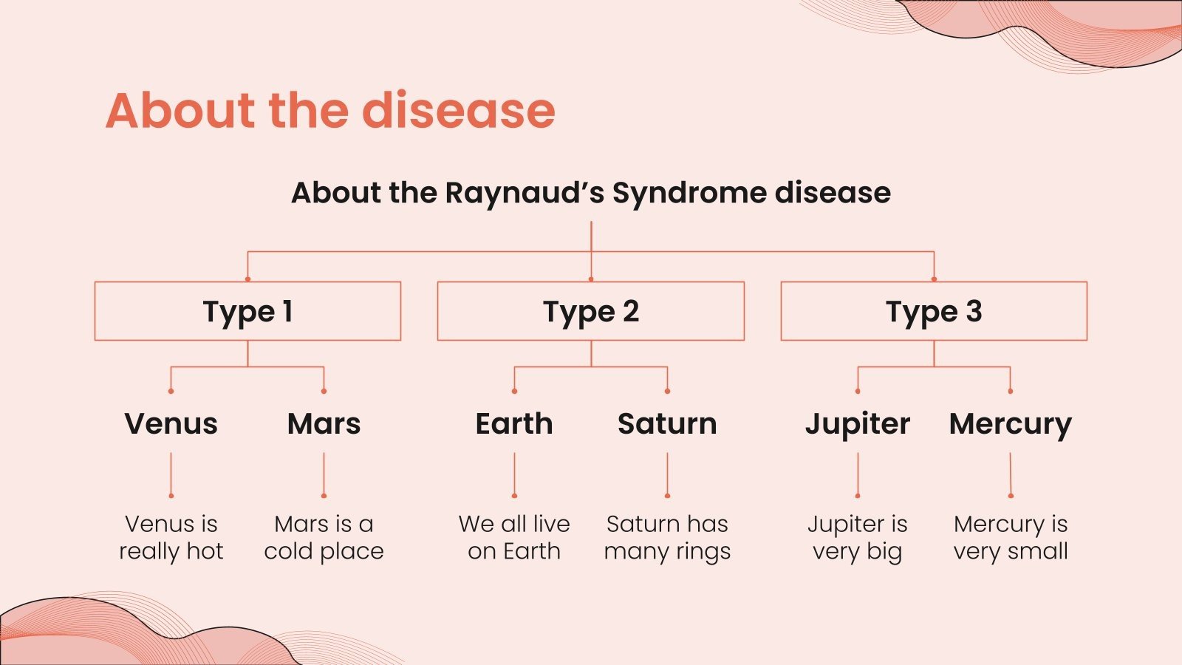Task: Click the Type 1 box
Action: (x=247, y=311)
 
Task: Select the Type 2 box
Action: (x=590, y=311)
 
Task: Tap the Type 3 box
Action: (x=934, y=311)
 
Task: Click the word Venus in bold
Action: (x=171, y=424)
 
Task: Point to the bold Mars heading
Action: (x=324, y=424)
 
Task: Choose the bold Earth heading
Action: (x=514, y=424)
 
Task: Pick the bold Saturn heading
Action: (x=667, y=424)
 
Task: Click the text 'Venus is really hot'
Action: (x=171, y=537)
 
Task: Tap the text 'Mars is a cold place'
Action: (x=324, y=537)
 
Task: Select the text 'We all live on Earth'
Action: (x=514, y=537)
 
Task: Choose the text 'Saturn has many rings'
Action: (x=667, y=537)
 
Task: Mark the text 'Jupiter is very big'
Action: (x=858, y=537)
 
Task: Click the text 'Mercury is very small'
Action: (x=1010, y=537)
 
